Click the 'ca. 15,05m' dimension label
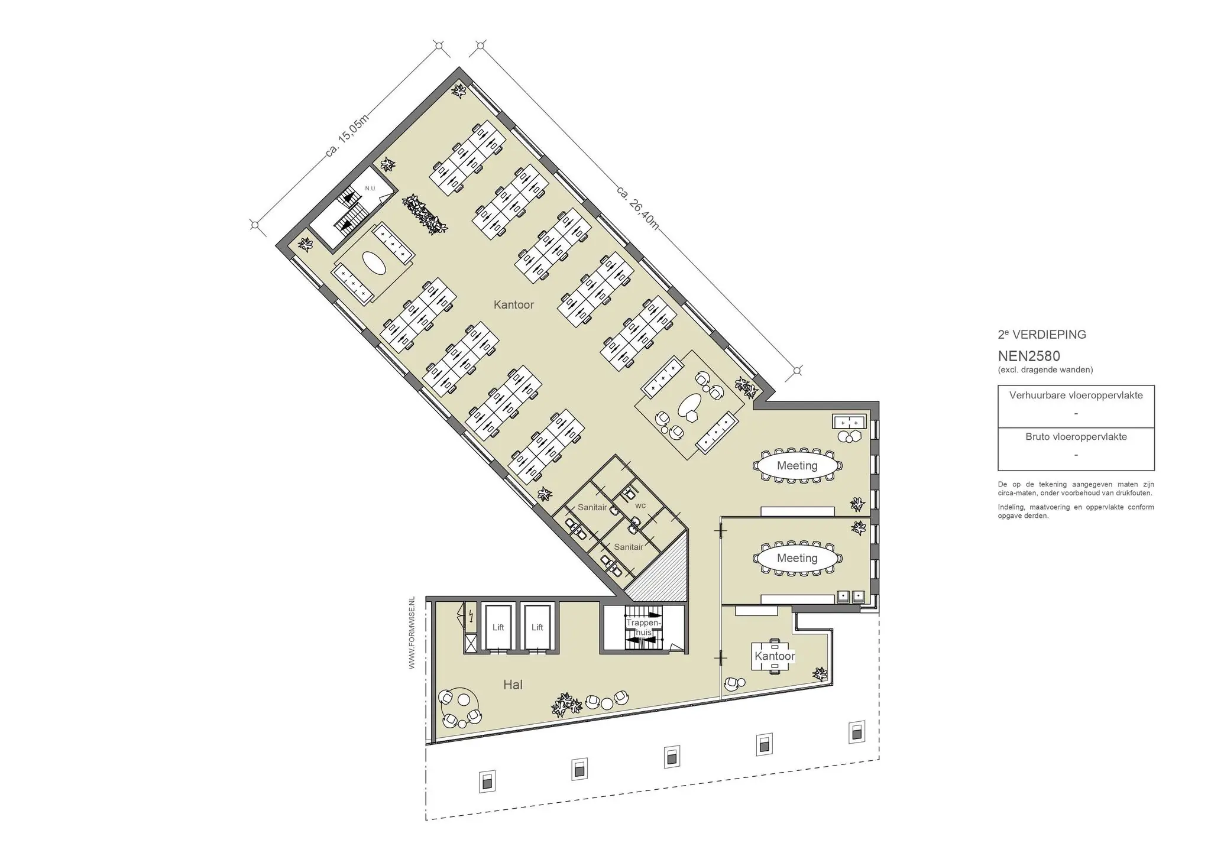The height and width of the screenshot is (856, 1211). coord(348,135)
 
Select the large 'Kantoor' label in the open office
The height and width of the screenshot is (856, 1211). coord(514,305)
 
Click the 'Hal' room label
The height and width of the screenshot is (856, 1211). coord(513,685)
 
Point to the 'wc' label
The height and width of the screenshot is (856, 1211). coord(640,506)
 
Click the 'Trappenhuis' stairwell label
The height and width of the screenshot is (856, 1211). coord(643,628)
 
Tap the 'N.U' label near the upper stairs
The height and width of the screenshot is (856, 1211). coord(370,189)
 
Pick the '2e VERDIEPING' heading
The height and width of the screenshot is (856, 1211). coord(1042,335)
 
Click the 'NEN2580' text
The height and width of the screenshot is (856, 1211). coord(1029,356)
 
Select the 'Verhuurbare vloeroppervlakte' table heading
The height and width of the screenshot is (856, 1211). coord(1076,395)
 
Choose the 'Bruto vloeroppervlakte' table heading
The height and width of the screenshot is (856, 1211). coord(1076,437)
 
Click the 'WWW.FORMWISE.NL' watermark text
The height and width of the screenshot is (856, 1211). coord(412,633)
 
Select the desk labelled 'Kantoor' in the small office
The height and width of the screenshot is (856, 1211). coord(774,656)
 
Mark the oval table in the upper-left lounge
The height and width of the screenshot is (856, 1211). coord(373,263)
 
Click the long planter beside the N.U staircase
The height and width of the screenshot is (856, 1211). coord(424,215)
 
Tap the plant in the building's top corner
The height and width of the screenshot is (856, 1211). coord(459,91)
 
